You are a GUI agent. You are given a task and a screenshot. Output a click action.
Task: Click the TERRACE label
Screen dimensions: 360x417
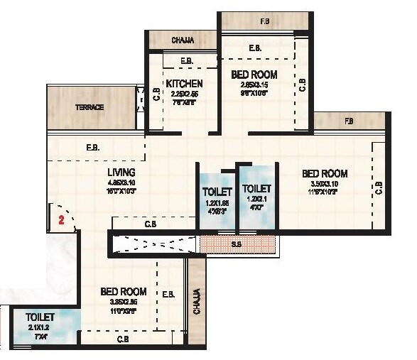click(x=90, y=107)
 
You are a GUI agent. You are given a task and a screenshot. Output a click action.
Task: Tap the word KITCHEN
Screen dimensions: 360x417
click(x=185, y=84)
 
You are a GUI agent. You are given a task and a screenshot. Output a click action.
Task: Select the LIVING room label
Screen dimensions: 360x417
click(x=121, y=173)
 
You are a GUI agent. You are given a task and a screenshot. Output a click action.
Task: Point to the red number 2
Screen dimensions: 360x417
click(x=62, y=220)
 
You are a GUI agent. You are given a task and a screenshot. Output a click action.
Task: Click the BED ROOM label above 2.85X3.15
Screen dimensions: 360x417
click(x=254, y=75)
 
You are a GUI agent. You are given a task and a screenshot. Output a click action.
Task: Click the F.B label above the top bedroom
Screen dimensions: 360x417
click(x=264, y=22)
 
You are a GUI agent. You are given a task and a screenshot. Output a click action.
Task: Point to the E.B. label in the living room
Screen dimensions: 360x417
click(x=92, y=148)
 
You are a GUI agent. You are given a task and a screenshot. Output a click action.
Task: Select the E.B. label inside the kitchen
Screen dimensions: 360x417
click(x=187, y=61)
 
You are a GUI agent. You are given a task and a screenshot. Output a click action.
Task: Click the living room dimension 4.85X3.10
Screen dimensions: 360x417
click(x=122, y=182)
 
